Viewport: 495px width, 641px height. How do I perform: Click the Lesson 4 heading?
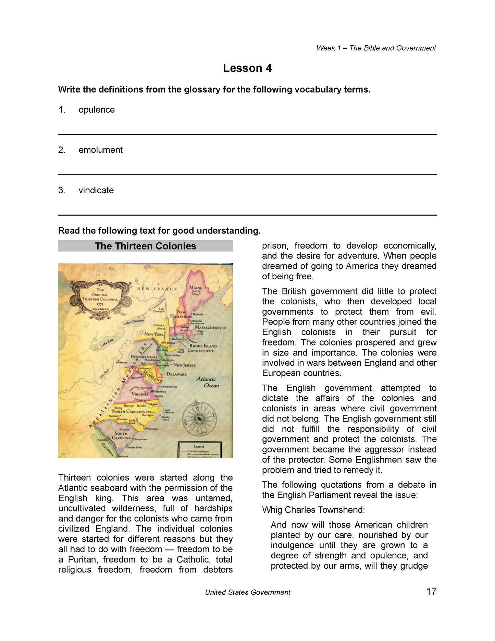pyautogui.click(x=247, y=68)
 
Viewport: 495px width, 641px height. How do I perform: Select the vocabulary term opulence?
pyautogui.click(x=97, y=110)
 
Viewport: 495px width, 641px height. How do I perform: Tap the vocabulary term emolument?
pyautogui.click(x=100, y=150)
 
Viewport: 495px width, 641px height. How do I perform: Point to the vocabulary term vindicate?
pyautogui.click(x=96, y=190)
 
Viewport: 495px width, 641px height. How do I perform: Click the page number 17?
pyautogui.click(x=431, y=591)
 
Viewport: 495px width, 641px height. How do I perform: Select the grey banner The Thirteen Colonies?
pyautogui.click(x=146, y=246)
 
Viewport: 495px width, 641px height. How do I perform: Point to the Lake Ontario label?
pyautogui.click(x=134, y=322)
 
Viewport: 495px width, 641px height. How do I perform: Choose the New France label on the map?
pyautogui.click(x=157, y=289)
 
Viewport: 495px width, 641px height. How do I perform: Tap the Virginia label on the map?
pyautogui.click(x=140, y=394)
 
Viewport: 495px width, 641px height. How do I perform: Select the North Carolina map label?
pyautogui.click(x=128, y=411)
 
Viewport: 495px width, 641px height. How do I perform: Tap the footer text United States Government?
pyautogui.click(x=247, y=592)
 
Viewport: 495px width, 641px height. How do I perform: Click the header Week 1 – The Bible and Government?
pyautogui.click(x=376, y=48)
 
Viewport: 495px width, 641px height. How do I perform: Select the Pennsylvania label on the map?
pyautogui.click(x=144, y=356)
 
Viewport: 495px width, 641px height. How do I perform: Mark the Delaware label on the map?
pyautogui.click(x=176, y=374)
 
